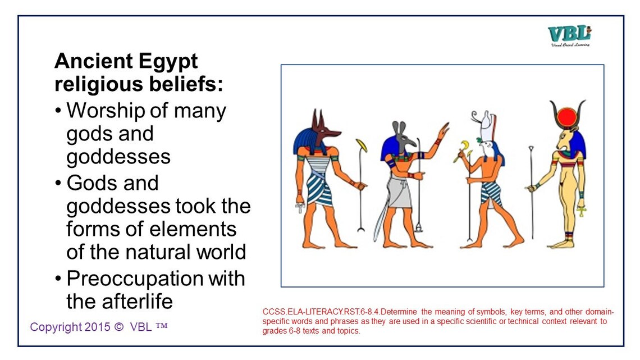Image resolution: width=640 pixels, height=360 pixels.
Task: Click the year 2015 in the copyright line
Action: (93, 327)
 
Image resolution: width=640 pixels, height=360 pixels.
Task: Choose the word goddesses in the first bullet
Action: (118, 157)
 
